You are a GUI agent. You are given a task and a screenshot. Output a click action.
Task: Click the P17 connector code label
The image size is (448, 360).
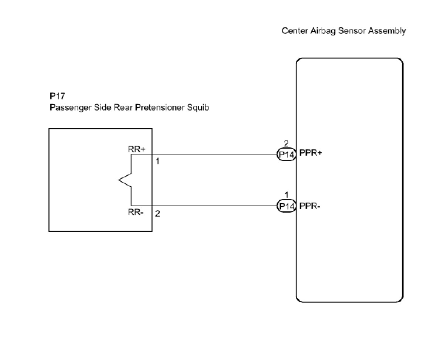point(57,96)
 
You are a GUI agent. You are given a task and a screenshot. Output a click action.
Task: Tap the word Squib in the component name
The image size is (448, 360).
point(198,108)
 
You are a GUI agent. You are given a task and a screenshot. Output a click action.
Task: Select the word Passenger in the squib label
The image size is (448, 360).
point(71,108)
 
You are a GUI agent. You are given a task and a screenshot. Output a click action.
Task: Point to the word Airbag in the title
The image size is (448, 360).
point(323,31)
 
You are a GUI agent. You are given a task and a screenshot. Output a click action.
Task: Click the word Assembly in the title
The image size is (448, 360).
point(387,31)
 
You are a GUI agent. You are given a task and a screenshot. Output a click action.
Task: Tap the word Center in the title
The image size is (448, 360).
point(295,31)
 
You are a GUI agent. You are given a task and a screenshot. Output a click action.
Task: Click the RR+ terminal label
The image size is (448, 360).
point(136,149)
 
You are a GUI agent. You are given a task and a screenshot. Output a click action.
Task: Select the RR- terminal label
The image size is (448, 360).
point(136,213)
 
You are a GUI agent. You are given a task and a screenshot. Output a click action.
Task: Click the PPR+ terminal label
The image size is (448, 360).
point(310,153)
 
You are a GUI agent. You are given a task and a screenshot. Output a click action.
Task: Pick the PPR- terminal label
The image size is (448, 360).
point(309,206)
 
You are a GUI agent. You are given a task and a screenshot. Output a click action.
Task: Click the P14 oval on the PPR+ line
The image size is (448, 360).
point(286,154)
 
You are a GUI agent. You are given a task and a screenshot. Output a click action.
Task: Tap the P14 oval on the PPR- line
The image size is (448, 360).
point(286,206)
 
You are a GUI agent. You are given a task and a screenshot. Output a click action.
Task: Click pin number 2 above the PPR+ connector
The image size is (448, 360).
point(286,143)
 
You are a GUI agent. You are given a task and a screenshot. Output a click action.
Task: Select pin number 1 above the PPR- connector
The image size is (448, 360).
point(286,195)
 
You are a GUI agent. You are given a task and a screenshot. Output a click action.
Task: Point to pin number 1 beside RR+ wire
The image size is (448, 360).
point(157,161)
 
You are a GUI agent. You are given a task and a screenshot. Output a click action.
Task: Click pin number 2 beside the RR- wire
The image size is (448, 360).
point(157,213)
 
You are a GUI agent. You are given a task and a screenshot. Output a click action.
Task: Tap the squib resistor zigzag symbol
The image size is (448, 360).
point(125,180)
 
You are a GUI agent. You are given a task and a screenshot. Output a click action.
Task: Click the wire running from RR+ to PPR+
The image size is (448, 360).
point(204,154)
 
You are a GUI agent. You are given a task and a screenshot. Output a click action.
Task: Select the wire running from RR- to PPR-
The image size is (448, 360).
point(204,206)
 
